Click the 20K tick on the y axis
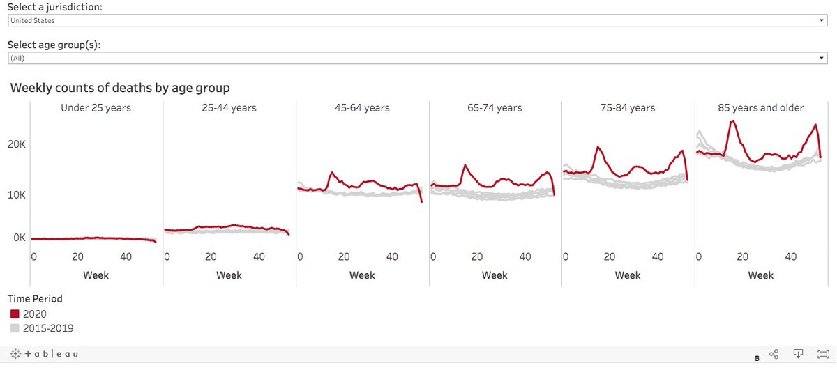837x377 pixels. tap(17, 145)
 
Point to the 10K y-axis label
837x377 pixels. tap(17, 194)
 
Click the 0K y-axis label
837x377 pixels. tap(18, 238)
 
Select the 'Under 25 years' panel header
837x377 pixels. tap(96, 108)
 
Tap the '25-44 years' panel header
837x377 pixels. tap(229, 108)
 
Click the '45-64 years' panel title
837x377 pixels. tap(362, 108)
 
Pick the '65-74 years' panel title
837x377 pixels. tap(495, 108)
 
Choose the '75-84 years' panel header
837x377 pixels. tap(628, 108)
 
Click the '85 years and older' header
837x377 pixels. tap(761, 108)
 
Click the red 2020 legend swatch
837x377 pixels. tap(15, 314)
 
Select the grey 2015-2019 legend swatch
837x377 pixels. tap(15, 328)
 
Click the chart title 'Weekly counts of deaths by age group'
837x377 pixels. tap(120, 88)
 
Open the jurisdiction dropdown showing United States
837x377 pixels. tap(417, 21)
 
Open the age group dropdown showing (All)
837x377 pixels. tap(417, 59)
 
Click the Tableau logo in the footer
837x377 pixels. tap(44, 354)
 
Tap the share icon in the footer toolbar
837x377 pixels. tap(774, 355)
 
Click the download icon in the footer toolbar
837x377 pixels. tap(799, 355)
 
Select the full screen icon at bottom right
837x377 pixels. tap(823, 355)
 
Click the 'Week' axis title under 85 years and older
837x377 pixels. tap(761, 275)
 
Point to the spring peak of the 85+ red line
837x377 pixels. tap(732, 121)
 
